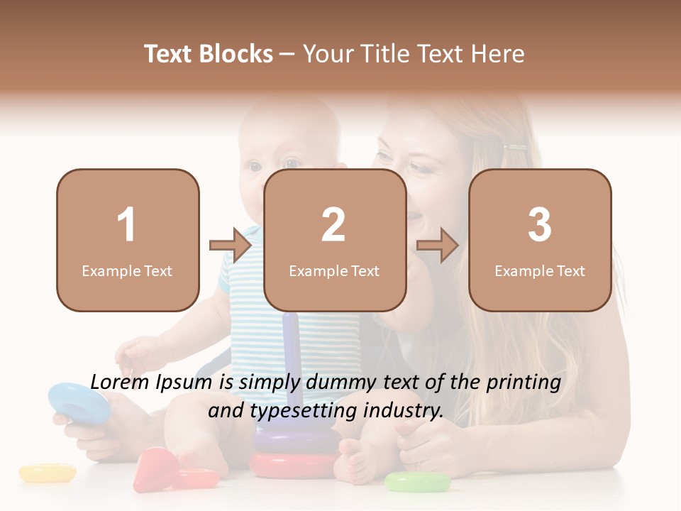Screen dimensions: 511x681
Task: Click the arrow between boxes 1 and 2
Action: (x=231, y=246)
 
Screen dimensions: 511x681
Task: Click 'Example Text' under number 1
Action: (x=127, y=271)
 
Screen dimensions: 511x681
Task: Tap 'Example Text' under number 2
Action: (x=334, y=271)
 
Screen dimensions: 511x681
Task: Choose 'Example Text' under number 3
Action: (x=540, y=271)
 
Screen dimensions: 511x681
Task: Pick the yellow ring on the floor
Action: (x=48, y=473)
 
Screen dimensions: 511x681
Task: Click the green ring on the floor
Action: (x=418, y=483)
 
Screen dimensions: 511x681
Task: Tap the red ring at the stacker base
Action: (x=294, y=466)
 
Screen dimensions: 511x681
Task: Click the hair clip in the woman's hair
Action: (x=516, y=148)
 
